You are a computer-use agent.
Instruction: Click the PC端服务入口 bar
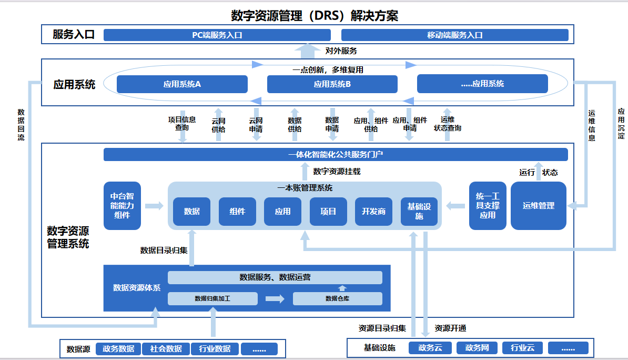point(217,35)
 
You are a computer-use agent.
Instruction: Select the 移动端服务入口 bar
point(454,35)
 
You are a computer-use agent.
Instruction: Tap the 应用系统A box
point(182,84)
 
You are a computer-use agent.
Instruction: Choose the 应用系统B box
point(332,84)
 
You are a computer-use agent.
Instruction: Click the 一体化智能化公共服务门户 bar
point(336,155)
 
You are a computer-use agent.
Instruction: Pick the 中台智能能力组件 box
point(122,206)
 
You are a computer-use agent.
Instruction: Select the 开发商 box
point(373,212)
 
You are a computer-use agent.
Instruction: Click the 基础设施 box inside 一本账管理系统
point(419,212)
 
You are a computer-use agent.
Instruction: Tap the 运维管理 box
point(538,206)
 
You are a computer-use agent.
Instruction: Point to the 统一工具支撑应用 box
point(488,206)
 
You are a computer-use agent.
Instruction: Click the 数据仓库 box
point(337,298)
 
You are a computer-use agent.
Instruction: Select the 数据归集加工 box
point(212,298)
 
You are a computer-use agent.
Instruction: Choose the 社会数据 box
point(166,348)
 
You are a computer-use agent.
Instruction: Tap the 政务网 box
point(477,348)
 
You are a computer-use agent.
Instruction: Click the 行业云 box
point(522,348)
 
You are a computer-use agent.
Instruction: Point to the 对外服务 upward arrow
point(308,51)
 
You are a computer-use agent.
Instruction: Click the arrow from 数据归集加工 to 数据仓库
point(275,298)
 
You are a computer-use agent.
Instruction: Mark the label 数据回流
point(21,125)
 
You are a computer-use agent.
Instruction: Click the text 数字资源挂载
point(337,172)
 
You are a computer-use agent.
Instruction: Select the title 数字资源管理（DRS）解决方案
point(315,15)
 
